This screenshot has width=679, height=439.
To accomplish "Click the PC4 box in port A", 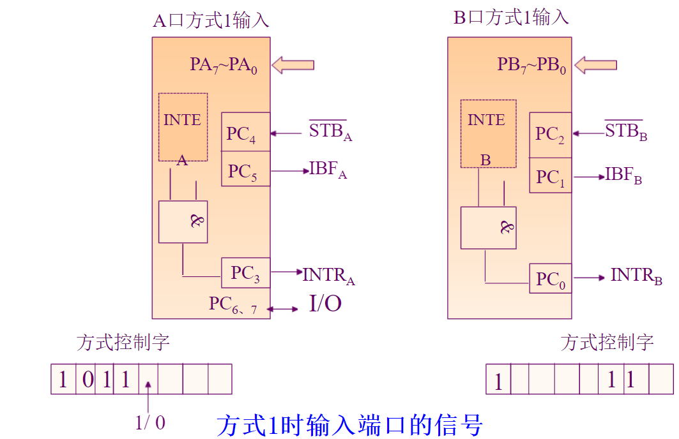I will point(245,132).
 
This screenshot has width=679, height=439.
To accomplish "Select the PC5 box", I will point(245,169).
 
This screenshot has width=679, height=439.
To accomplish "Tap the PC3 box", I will point(245,273).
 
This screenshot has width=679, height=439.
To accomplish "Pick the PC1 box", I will point(550,176).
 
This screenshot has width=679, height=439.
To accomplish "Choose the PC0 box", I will point(550,279).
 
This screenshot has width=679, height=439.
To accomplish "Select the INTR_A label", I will point(328,275).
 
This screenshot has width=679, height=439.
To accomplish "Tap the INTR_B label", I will point(636,276).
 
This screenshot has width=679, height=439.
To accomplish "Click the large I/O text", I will point(325,304).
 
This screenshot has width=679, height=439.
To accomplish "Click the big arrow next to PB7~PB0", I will point(595,64).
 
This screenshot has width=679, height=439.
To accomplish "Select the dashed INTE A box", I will point(183,127).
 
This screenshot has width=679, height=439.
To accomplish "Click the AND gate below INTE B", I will point(488,228).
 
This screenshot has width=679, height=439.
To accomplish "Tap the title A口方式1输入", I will point(211,20).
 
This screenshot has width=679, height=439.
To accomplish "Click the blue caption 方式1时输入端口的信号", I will point(349,424).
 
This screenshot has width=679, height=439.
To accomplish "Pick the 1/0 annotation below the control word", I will point(151,422).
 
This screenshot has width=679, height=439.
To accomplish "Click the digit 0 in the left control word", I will point(88,380).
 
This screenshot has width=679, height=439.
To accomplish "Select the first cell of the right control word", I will point(498,380).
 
